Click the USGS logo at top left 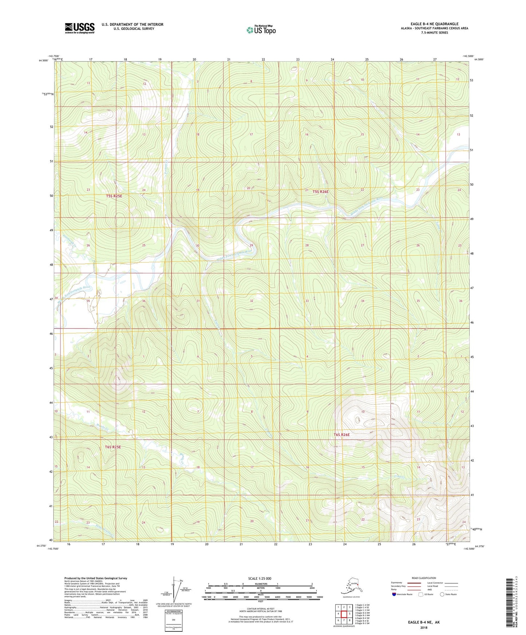click(79, 28)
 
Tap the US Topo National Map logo click(261, 30)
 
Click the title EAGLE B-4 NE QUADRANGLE click(434, 24)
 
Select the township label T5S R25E click(114, 196)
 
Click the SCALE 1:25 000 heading click(260, 578)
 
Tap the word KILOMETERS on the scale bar click(260, 584)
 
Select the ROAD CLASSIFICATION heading click(424, 578)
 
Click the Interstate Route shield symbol click(394, 594)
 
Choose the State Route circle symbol click(442, 594)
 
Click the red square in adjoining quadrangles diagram click(344, 614)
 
